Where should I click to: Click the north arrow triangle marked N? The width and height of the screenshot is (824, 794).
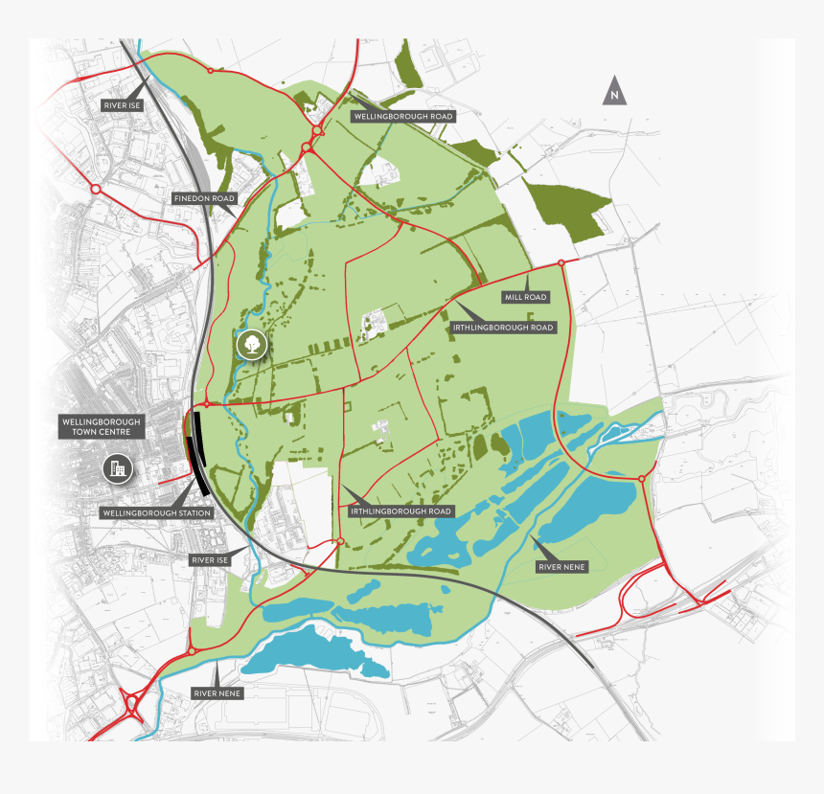[x=614, y=92]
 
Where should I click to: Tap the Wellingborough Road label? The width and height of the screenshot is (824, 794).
[x=402, y=116]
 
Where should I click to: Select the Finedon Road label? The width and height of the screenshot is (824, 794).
[x=204, y=198]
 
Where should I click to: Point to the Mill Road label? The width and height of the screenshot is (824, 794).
[x=525, y=297]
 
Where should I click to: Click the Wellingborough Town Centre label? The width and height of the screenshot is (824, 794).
[x=101, y=427]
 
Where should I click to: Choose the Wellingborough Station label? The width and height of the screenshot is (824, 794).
[x=156, y=513]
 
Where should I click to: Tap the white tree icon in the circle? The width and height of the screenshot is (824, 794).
[x=252, y=344]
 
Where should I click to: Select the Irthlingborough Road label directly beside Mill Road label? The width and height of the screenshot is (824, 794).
[x=502, y=328]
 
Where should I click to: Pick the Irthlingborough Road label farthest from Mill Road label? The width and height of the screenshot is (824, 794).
[x=401, y=511]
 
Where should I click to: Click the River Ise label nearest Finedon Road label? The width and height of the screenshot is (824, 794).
[x=123, y=105]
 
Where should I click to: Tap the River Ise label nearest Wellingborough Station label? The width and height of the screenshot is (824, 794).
[x=210, y=559]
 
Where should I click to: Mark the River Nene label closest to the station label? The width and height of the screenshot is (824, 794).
[x=217, y=692]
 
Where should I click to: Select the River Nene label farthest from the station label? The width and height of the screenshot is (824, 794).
[x=561, y=568]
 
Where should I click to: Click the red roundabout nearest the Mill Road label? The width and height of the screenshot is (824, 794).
[x=561, y=262]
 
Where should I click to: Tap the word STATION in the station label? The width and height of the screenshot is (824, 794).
[x=187, y=513]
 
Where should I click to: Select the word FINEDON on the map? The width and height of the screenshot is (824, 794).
[x=191, y=198]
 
